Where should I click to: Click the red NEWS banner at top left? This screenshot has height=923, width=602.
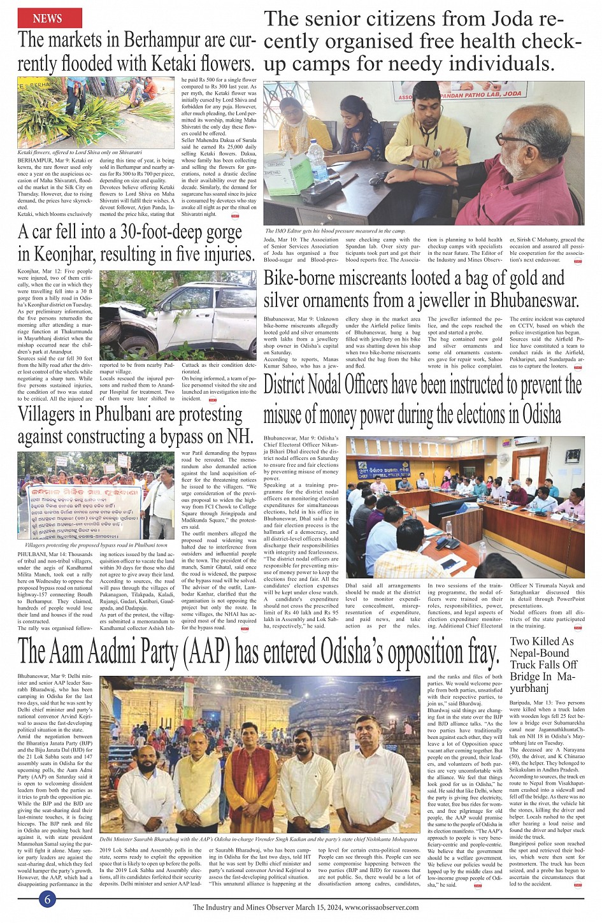48,18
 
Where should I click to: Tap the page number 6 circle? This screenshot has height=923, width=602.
47,898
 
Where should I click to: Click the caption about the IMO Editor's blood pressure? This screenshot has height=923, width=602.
335,231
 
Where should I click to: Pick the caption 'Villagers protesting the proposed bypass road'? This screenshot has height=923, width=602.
96,545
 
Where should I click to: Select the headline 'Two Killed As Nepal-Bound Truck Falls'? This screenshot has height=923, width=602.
543,664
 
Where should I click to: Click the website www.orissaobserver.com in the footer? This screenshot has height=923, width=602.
382,908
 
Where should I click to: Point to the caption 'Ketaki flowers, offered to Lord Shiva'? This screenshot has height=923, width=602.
80,153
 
